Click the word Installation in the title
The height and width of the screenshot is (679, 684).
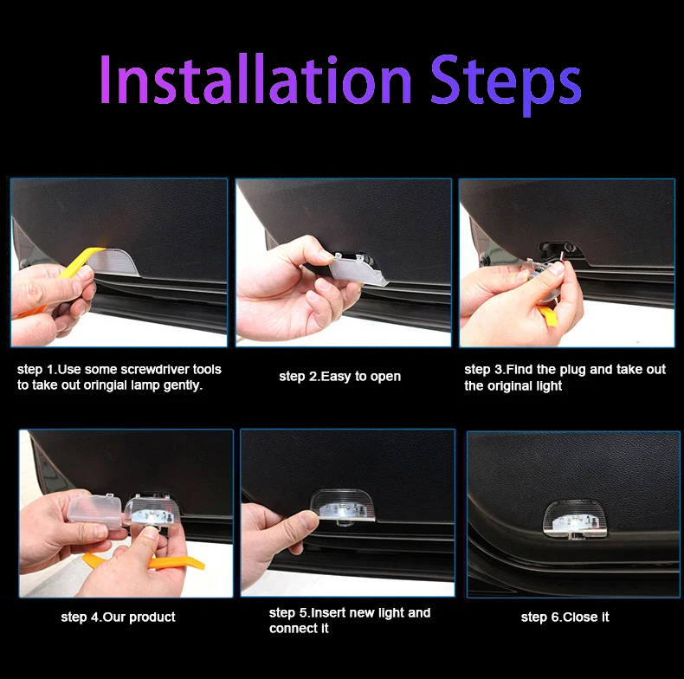[255, 79]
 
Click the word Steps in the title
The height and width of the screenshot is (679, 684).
[506, 85]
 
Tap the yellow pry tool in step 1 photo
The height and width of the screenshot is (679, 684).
[66, 274]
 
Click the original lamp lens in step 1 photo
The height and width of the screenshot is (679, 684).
[114, 262]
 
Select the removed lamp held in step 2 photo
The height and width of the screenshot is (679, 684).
[358, 270]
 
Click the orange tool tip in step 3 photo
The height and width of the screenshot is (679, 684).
[548, 316]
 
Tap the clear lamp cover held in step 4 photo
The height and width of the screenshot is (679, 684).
[94, 511]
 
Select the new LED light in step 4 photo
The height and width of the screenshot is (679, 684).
[150, 511]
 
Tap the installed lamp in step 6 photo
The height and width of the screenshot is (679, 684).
[575, 519]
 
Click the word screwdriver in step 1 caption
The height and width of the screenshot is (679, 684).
[154, 370]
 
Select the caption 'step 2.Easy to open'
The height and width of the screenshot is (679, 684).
[339, 377]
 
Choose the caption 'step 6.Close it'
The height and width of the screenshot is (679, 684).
[565, 617]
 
